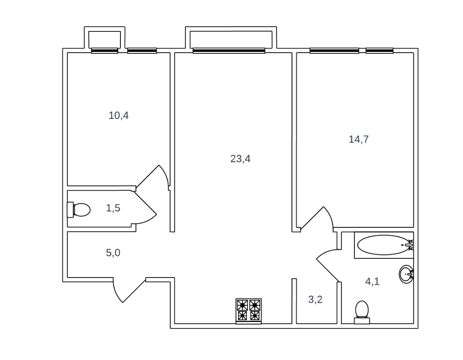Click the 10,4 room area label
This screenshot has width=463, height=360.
pos(119,116)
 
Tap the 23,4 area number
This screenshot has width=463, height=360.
pos(240,159)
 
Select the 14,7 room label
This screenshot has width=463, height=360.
pos(359,139)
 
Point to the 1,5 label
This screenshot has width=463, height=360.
pos(113,208)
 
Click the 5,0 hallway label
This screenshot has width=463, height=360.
pos(113,253)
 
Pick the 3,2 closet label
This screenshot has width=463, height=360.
pos(315,300)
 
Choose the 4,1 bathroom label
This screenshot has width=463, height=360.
pos(372,281)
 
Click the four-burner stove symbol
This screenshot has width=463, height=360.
pos(249,311)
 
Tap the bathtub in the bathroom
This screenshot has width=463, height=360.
pos(383,245)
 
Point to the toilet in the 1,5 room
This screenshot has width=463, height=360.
pos(79,210)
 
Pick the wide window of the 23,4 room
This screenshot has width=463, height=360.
pos(229,51)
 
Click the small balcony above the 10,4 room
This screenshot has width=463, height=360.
pos(105,39)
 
